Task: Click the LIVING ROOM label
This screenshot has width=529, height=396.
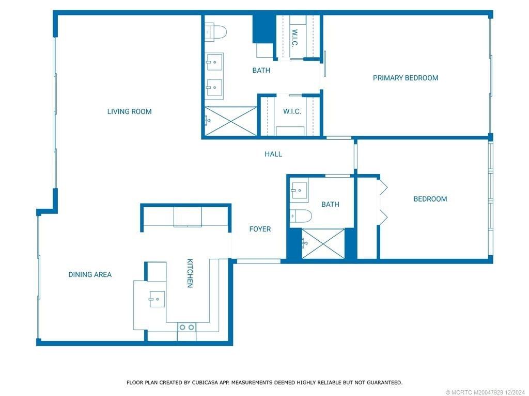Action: coord(129,111)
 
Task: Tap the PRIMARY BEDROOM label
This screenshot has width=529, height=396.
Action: coord(406,78)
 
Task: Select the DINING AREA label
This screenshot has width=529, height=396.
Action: coord(90,275)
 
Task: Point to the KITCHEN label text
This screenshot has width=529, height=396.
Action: coord(190,273)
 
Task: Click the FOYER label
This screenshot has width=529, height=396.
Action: coord(260,229)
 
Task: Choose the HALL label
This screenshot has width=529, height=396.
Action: coord(273,154)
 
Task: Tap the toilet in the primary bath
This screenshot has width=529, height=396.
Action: coord(216,32)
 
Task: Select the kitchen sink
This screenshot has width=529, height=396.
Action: coord(157,299)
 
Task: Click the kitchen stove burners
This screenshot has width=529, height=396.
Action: coord(186,327)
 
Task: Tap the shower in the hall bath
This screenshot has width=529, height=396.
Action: coord(323,243)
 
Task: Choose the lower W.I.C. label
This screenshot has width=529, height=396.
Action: coord(292,111)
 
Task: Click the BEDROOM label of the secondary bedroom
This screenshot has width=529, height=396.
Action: coord(430,199)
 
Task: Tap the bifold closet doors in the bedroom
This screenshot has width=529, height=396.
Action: coord(382,202)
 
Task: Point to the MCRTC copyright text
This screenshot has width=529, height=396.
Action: coord(485,392)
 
